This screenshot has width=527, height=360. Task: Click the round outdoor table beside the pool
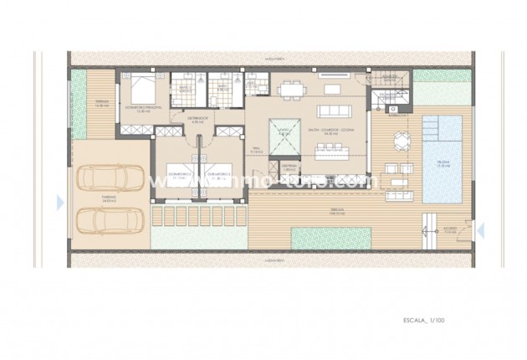pos(398,141)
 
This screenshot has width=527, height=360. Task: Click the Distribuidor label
pos(197,118)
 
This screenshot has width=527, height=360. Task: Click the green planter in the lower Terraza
pos(330,238)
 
